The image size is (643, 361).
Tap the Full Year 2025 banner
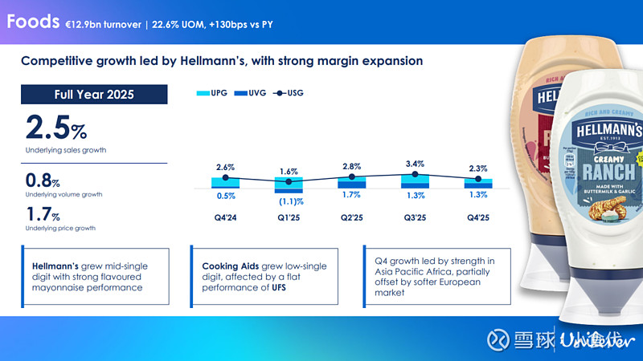[94, 95]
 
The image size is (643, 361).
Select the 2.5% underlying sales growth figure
[56, 128]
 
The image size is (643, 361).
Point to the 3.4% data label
[415, 164]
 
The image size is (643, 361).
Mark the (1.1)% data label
[291, 201]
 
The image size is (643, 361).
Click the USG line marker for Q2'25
[351, 176]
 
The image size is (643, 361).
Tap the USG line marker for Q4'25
[477, 179]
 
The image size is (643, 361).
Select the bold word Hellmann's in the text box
[55, 265]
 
